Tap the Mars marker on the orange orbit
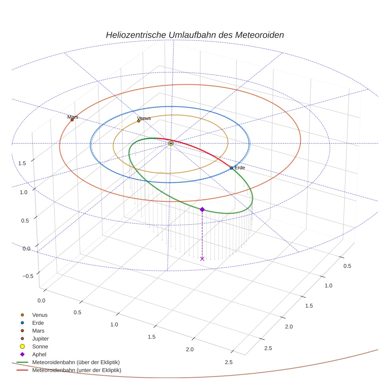[72, 120]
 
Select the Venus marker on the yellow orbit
[139, 121]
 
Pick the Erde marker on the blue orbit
[231, 168]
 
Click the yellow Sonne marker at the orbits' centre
[171, 143]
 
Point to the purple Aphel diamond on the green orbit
[202, 209]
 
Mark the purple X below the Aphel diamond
[202, 259]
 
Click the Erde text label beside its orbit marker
[240, 168]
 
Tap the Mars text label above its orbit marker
[73, 117]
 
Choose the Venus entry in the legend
[40, 315]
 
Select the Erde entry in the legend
[38, 323]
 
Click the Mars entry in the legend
[38, 331]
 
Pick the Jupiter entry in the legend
[40, 338]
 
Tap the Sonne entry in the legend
[40, 346]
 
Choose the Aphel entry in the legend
[39, 354]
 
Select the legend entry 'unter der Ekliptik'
[76, 370]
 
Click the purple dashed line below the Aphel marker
[202, 234]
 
